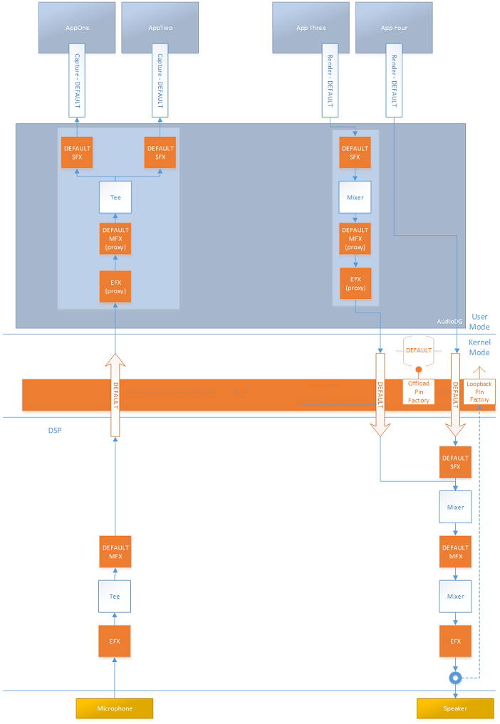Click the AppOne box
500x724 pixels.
pos(76,27)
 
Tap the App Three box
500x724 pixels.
pos(311,27)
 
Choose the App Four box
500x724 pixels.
pos(393,27)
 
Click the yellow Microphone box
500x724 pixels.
pos(115,708)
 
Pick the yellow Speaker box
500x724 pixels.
pos(455,708)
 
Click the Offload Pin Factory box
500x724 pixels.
pos(418,392)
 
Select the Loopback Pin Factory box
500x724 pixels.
pos(479,392)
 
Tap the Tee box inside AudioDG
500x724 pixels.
pos(115,197)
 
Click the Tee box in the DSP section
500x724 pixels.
pos(115,597)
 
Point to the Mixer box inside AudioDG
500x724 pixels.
pos(355,197)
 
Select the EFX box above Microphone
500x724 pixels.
pos(115,641)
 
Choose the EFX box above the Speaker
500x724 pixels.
pos(455,641)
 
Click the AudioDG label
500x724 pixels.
pos(449,322)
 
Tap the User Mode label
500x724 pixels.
pos(479,322)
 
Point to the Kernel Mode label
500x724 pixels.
pos(479,347)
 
